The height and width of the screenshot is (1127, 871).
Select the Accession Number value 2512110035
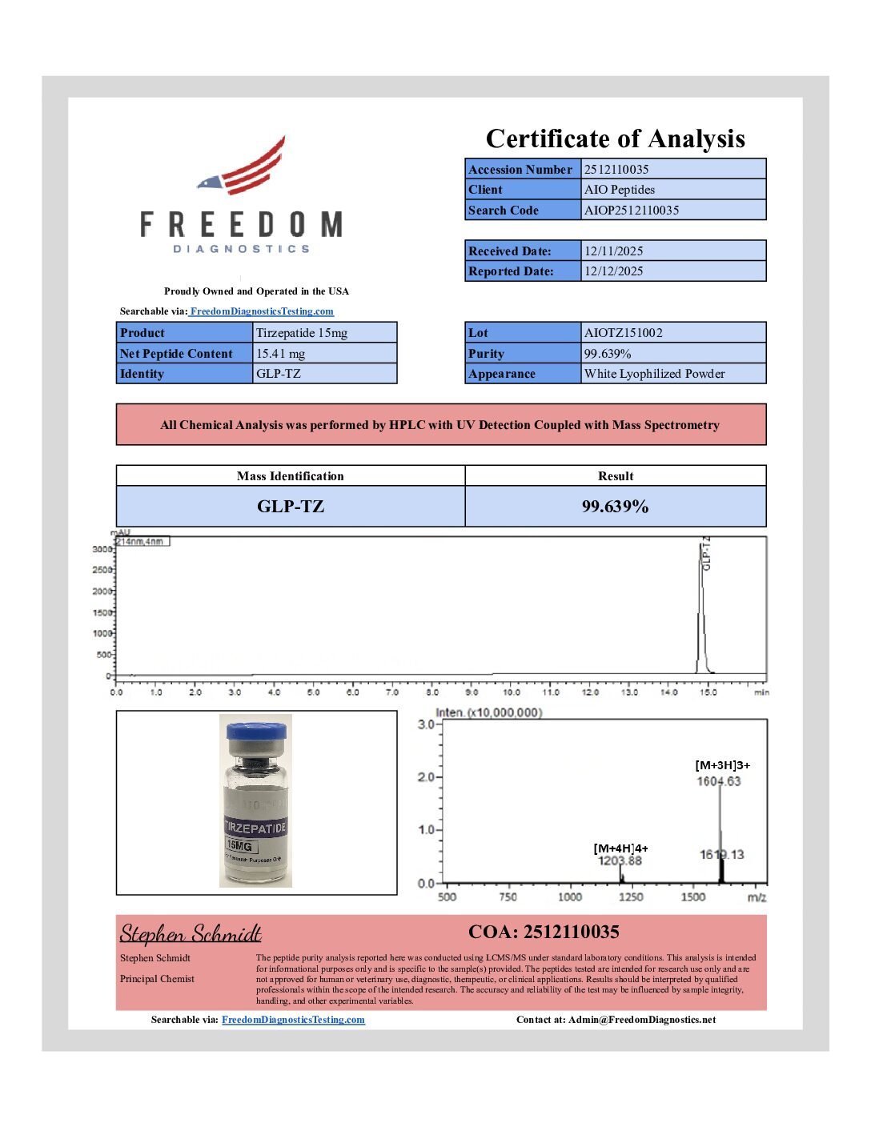[616, 170]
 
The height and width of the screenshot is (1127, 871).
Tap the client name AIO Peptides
[620, 190]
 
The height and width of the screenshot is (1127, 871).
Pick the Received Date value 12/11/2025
[613, 251]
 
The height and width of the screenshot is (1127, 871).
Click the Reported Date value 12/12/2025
[613, 271]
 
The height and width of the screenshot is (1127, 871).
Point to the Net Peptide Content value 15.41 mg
[280, 354]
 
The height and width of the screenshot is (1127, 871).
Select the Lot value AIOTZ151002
[623, 333]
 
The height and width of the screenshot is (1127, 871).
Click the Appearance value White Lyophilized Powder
[654, 374]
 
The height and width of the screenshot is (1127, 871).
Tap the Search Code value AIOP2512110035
[632, 211]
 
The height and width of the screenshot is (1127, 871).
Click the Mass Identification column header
[290, 476]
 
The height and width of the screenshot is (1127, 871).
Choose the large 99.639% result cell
[615, 507]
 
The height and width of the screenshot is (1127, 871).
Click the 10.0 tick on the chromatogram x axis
[511, 692]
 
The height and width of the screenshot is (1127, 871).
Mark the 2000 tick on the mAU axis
[102, 592]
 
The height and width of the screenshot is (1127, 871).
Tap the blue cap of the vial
[256, 732]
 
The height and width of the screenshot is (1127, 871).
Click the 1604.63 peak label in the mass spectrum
[719, 781]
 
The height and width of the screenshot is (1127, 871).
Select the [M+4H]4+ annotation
[620, 848]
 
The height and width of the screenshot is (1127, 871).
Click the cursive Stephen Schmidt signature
[191, 934]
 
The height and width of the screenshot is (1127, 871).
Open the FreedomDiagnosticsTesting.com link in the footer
[293, 1020]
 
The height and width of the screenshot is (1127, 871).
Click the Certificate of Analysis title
[615, 138]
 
